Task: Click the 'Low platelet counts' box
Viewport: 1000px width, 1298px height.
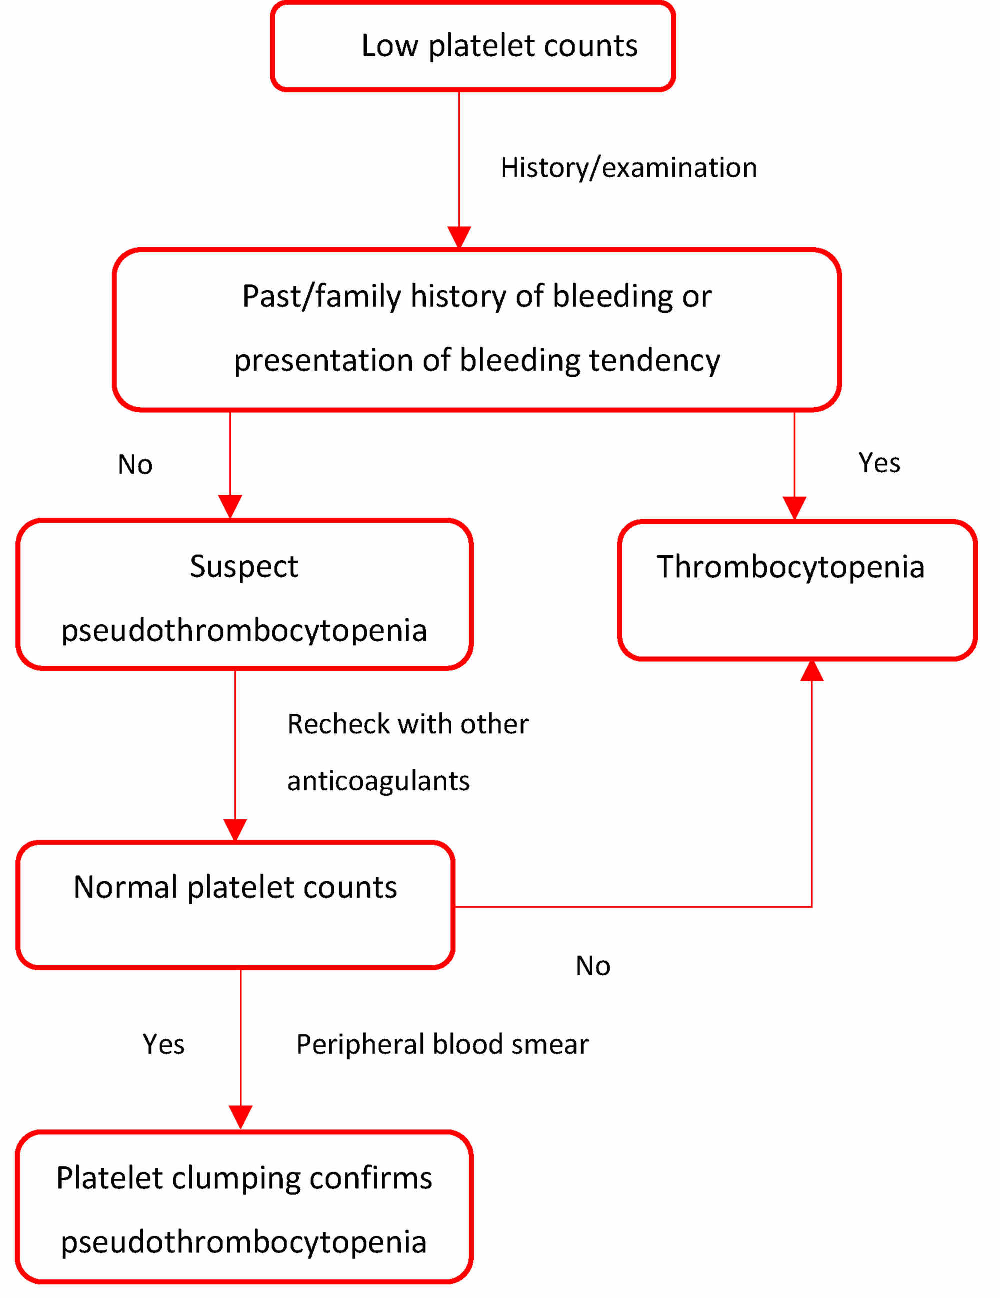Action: pos(472,46)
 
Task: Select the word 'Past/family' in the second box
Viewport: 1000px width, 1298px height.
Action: pos(321,296)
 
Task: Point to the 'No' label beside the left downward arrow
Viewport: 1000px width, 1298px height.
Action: pos(135,465)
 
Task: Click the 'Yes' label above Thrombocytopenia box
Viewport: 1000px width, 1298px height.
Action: pos(878,463)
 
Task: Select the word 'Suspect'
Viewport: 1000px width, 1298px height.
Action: pos(244,566)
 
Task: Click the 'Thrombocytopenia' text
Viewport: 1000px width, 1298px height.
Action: pos(790,566)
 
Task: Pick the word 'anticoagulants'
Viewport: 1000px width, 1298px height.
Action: pos(378,780)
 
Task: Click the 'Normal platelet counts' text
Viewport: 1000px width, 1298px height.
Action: pos(235,887)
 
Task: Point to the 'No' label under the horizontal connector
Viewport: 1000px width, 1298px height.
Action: pos(592,966)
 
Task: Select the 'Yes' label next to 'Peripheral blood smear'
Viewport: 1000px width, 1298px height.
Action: pos(163,1044)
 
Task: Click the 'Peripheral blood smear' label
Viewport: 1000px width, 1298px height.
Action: pos(442,1044)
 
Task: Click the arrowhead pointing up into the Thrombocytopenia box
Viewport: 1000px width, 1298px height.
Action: pos(811,671)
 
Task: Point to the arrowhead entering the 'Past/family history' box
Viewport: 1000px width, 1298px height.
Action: pos(459,236)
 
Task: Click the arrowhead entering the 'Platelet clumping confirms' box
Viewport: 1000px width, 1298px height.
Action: pos(241,1116)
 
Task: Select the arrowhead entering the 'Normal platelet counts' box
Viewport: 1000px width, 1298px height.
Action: pos(235,829)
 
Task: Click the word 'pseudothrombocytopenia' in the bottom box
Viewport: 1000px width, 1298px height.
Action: pos(244,1242)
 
